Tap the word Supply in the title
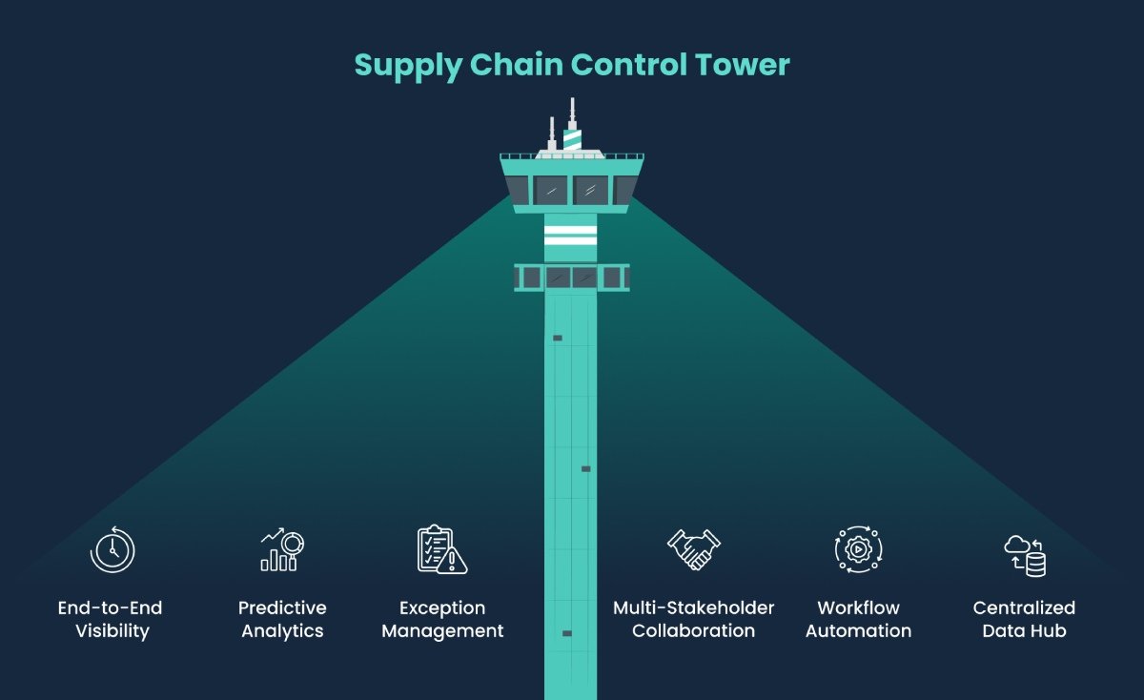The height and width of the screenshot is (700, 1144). [408, 66]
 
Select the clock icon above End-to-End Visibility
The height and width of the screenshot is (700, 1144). [112, 550]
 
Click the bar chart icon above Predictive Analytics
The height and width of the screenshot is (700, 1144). [281, 550]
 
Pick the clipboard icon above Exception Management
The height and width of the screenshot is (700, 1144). [441, 550]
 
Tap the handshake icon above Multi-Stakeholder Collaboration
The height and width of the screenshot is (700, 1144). [693, 550]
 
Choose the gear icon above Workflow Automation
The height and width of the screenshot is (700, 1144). [858, 550]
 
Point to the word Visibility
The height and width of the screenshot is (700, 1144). [112, 631]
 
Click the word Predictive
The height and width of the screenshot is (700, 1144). [282, 608]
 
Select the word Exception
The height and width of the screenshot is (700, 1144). [442, 608]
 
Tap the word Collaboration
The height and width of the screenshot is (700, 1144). [693, 631]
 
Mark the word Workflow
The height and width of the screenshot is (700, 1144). [858, 608]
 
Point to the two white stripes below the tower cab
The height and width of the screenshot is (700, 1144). [570, 237]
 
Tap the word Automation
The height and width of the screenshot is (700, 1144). [858, 631]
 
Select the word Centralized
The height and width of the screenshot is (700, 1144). [1024, 608]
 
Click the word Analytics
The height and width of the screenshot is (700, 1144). [282, 631]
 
